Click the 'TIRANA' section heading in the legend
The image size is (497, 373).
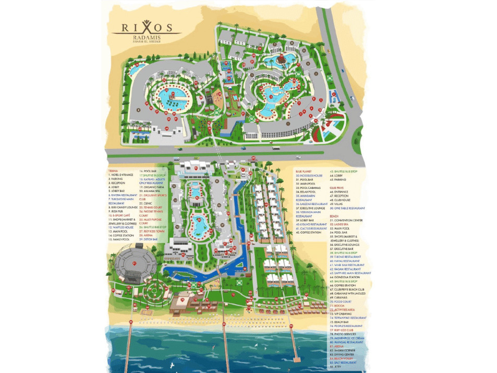[x=112, y=170]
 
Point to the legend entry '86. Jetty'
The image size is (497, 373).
[x=337, y=367]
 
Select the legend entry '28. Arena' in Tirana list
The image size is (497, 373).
[x=146, y=235]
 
